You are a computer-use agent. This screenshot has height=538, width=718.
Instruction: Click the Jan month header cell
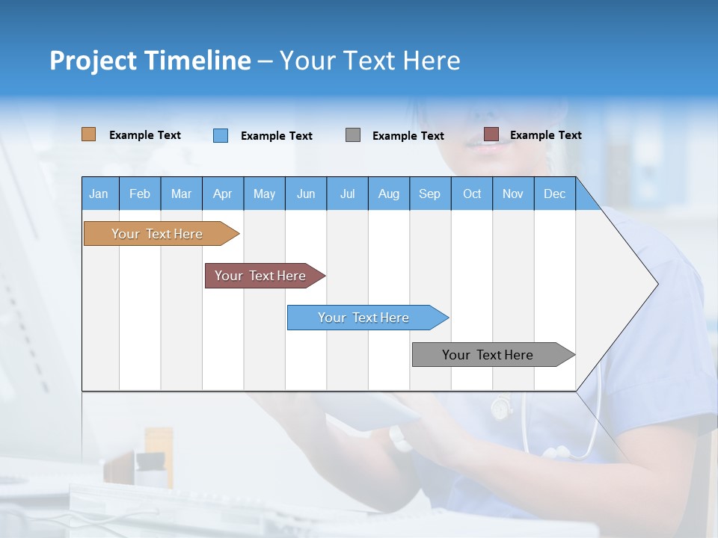[99, 194]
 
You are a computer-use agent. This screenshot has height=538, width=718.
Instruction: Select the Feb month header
[140, 194]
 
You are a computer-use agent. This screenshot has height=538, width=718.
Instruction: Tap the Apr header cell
[222, 194]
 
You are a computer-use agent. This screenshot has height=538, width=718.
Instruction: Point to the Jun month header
[306, 194]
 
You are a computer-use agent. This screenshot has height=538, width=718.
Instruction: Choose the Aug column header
[388, 194]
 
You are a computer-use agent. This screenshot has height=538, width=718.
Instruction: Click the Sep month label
[429, 194]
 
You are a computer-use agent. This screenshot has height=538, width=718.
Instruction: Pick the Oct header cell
[472, 194]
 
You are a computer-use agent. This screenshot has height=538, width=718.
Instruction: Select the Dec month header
[554, 194]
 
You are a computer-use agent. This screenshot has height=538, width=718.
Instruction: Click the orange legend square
[89, 134]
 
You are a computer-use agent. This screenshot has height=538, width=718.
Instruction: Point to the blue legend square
[221, 135]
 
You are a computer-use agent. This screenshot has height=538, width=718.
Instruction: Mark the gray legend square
[353, 134]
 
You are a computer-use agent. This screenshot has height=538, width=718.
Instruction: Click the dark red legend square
[491, 134]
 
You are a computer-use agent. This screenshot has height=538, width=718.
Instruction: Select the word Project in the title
[93, 61]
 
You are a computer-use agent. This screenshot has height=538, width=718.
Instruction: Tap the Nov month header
[513, 194]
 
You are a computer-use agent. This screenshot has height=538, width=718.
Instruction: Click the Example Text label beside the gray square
[408, 136]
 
